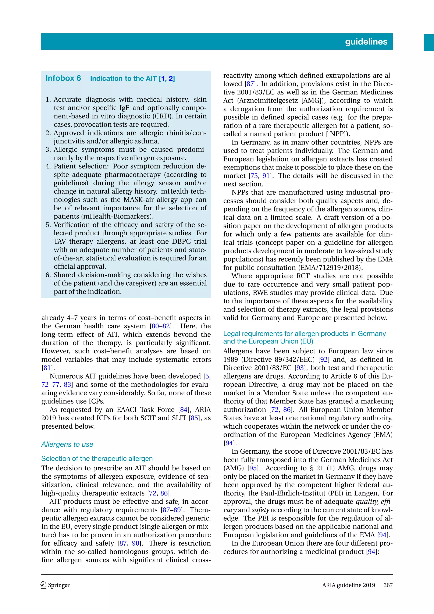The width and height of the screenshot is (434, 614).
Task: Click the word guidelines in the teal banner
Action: coord(366,42)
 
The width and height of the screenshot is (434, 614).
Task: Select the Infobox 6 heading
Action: coord(63,78)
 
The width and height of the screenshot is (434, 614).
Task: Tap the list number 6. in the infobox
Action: coord(48,275)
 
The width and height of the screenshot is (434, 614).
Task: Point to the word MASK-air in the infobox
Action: coord(139,200)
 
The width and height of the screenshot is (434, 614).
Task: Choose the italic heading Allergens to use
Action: coord(67,445)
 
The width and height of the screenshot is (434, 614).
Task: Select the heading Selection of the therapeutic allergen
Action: coord(97,459)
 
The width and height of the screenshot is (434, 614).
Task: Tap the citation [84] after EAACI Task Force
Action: coord(184,410)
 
